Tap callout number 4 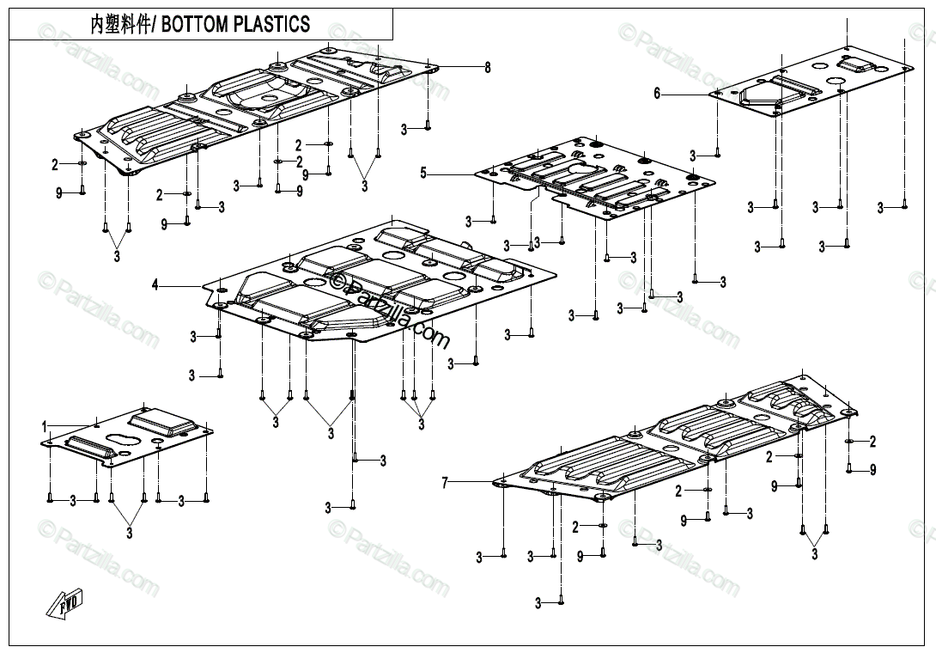155,284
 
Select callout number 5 422,174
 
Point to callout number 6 657,94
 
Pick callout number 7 445,484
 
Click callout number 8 487,67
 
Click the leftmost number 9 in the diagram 59,193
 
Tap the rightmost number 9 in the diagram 872,469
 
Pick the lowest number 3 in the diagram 538,604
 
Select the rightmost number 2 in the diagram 872,442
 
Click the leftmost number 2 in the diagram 54,164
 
